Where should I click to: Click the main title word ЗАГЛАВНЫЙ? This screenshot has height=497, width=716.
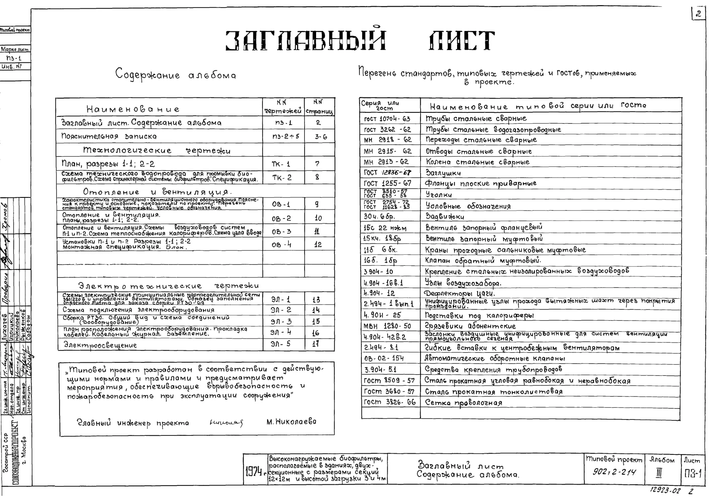[x=306, y=41]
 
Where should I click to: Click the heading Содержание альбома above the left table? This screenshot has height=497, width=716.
[x=176, y=74]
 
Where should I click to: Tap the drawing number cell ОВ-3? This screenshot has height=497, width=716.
[x=281, y=232]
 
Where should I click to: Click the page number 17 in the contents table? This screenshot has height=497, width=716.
[x=316, y=344]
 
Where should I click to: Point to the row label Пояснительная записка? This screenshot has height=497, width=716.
[x=109, y=136]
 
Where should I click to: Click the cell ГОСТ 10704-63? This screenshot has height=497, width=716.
[x=387, y=119]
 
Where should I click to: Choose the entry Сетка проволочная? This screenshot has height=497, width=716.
[x=463, y=402]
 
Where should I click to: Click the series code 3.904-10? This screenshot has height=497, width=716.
[x=378, y=272]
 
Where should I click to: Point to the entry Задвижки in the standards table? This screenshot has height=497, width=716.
[x=444, y=217]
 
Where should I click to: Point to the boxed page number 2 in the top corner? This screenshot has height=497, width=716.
[x=698, y=14]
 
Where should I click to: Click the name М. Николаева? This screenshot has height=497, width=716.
[x=291, y=422]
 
